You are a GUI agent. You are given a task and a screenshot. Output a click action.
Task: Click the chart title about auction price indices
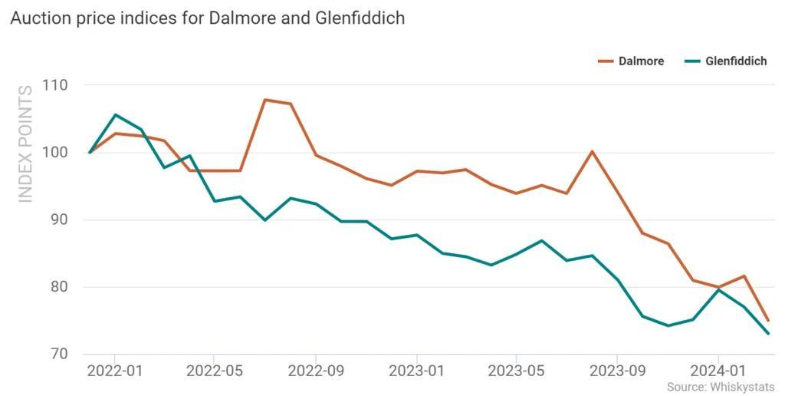point(208,18)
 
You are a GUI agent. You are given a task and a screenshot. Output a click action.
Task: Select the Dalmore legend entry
point(631,61)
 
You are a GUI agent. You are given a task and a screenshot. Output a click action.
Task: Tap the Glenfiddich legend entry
point(725,61)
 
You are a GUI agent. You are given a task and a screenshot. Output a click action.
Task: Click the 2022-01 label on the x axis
point(115,371)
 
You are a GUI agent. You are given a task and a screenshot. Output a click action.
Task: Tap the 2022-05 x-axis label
point(215,371)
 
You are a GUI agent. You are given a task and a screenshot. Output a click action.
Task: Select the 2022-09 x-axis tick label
point(316,371)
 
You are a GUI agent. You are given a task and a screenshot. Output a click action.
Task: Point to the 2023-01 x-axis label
point(416,371)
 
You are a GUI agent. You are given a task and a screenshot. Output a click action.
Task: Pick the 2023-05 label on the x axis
point(516,371)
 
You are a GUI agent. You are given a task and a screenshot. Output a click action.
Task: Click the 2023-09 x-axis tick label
point(617,371)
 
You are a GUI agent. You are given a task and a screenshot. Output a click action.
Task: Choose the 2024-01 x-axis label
point(718,371)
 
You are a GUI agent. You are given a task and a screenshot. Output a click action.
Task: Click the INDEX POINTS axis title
point(25,144)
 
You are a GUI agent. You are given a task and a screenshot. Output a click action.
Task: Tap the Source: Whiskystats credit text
point(721,387)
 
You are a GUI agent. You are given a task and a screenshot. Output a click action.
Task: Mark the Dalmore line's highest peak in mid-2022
point(265,100)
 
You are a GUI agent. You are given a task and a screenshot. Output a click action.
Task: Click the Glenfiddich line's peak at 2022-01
point(115,115)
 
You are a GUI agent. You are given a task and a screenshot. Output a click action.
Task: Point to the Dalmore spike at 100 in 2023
point(593,151)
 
